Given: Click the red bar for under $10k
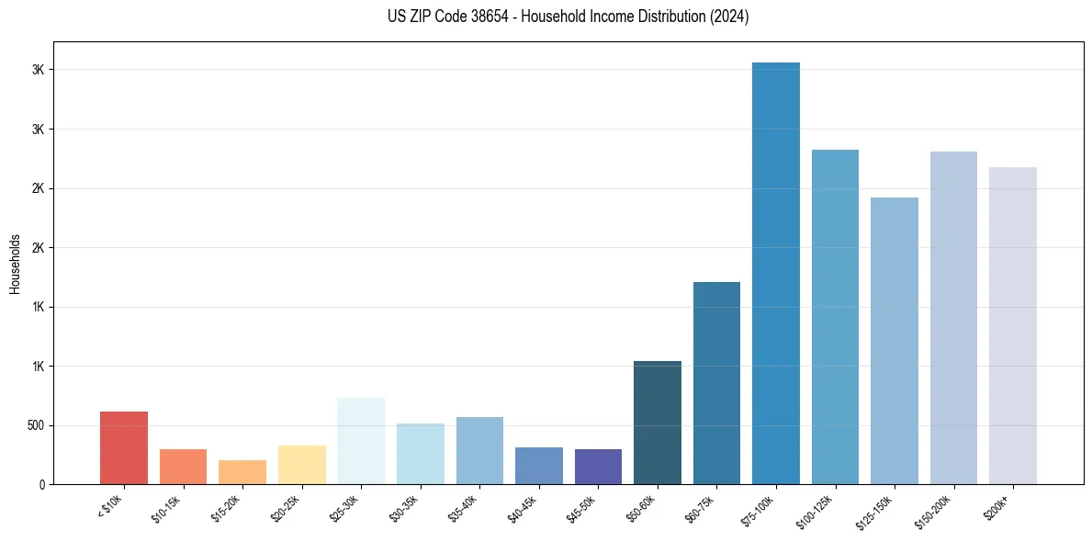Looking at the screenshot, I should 124,447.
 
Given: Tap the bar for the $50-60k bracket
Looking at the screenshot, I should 658,423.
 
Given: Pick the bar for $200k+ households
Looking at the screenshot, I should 1013,325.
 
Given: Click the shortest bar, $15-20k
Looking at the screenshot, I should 242,472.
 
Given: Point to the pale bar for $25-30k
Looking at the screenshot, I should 361,441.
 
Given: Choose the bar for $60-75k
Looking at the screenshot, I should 716,383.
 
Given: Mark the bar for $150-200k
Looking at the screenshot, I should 953,318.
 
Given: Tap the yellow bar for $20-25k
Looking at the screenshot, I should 302,465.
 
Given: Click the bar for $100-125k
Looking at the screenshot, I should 835,317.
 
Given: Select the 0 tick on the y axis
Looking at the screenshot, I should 42,484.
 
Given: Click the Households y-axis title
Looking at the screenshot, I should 15,263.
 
